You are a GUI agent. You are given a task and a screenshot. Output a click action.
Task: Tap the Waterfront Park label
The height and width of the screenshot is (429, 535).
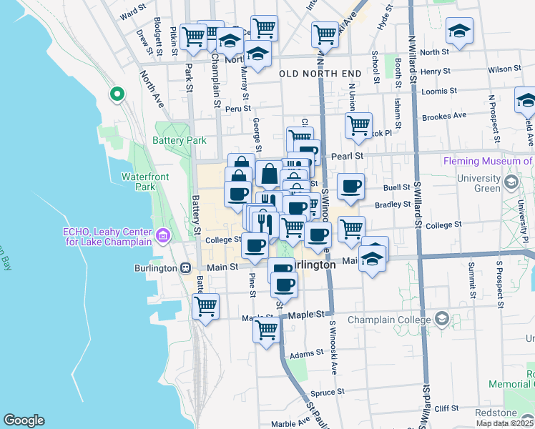tap(139, 182)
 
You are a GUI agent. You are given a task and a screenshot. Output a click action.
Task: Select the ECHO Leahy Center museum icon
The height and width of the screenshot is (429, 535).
tap(163, 235)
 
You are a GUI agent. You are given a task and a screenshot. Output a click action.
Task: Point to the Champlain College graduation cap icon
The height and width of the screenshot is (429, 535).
tap(442, 318)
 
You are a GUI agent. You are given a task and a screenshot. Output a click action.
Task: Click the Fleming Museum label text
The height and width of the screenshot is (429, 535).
tap(488, 161)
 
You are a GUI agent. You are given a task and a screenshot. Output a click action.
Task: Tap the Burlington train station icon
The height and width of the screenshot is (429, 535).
tap(185, 268)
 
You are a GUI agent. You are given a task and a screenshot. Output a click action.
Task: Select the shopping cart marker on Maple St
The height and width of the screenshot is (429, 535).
tap(266, 330)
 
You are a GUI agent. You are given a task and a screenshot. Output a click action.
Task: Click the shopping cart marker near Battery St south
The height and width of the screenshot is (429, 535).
tap(206, 305)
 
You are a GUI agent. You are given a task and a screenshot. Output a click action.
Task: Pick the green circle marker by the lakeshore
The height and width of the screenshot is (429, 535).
tap(116, 94)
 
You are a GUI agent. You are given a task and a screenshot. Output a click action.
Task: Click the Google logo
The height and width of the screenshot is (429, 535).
tap(24, 420)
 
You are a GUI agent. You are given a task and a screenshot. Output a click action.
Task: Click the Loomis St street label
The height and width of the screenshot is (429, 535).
tap(439, 92)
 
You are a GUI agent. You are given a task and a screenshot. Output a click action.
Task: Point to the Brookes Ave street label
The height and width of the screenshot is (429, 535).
tap(444, 115)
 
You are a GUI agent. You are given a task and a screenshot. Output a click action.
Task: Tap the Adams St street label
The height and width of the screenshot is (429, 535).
tap(307, 354)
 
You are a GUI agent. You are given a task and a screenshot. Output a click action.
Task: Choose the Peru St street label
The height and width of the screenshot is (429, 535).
tap(236, 109)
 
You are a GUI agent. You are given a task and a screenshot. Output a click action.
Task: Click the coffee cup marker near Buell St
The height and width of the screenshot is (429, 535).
tap(350, 186)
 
